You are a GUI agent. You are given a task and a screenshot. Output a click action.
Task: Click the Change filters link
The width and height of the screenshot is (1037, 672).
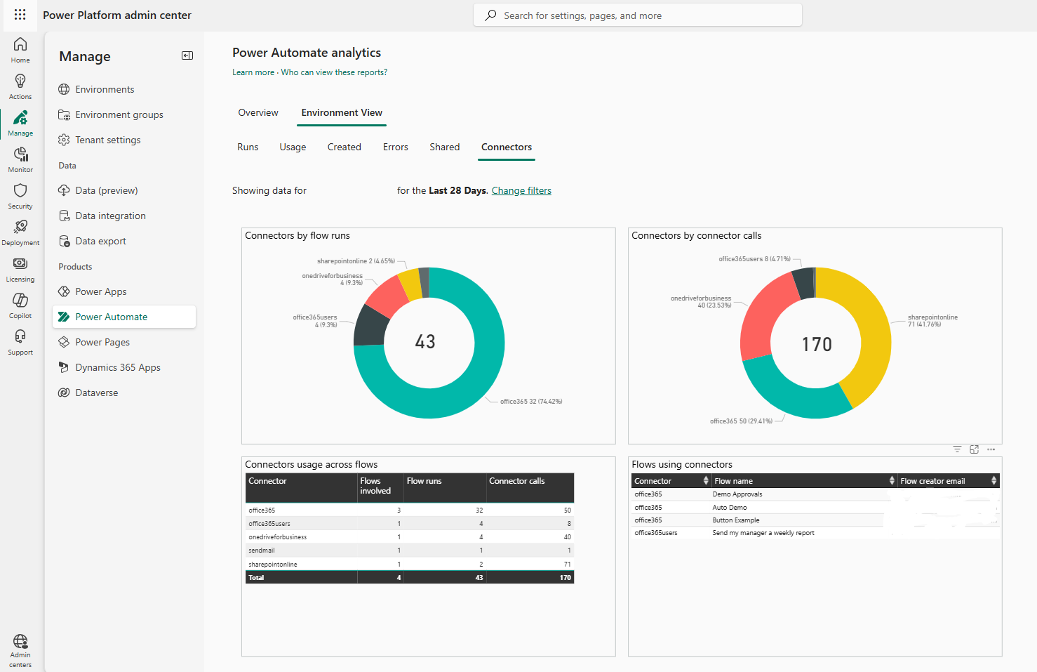click(x=521, y=190)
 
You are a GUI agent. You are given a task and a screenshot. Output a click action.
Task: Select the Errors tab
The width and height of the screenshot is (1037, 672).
click(x=395, y=147)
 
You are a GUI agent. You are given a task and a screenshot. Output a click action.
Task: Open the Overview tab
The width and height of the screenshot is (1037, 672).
click(x=257, y=112)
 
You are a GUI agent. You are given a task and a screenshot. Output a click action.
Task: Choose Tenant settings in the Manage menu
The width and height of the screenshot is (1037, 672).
click(x=107, y=140)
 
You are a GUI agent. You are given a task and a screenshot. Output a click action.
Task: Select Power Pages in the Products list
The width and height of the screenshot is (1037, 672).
click(x=102, y=342)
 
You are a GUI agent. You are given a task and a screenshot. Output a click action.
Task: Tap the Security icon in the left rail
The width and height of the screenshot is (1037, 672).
click(x=20, y=195)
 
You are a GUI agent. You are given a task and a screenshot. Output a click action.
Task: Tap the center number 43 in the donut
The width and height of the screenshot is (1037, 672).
click(x=425, y=342)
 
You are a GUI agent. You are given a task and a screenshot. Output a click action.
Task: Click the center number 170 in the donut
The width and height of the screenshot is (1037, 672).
click(x=817, y=344)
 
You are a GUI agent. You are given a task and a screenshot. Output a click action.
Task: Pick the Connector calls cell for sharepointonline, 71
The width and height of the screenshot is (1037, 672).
click(x=567, y=564)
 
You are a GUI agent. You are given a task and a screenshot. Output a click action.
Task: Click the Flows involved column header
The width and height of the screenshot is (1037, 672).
click(x=375, y=486)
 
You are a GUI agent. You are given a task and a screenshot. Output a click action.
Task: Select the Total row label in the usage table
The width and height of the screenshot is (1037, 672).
click(x=256, y=577)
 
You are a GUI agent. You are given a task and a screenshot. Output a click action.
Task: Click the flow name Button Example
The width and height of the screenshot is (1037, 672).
click(x=735, y=520)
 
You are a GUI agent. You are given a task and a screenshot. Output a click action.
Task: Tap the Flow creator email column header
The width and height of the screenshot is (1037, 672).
click(x=932, y=481)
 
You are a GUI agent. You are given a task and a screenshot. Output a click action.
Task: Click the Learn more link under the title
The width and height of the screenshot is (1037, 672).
click(x=253, y=72)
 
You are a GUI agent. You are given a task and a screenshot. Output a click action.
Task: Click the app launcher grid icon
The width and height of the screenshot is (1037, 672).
click(x=20, y=15)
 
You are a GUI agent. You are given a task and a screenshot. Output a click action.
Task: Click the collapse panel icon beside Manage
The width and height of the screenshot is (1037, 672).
click(x=187, y=55)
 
